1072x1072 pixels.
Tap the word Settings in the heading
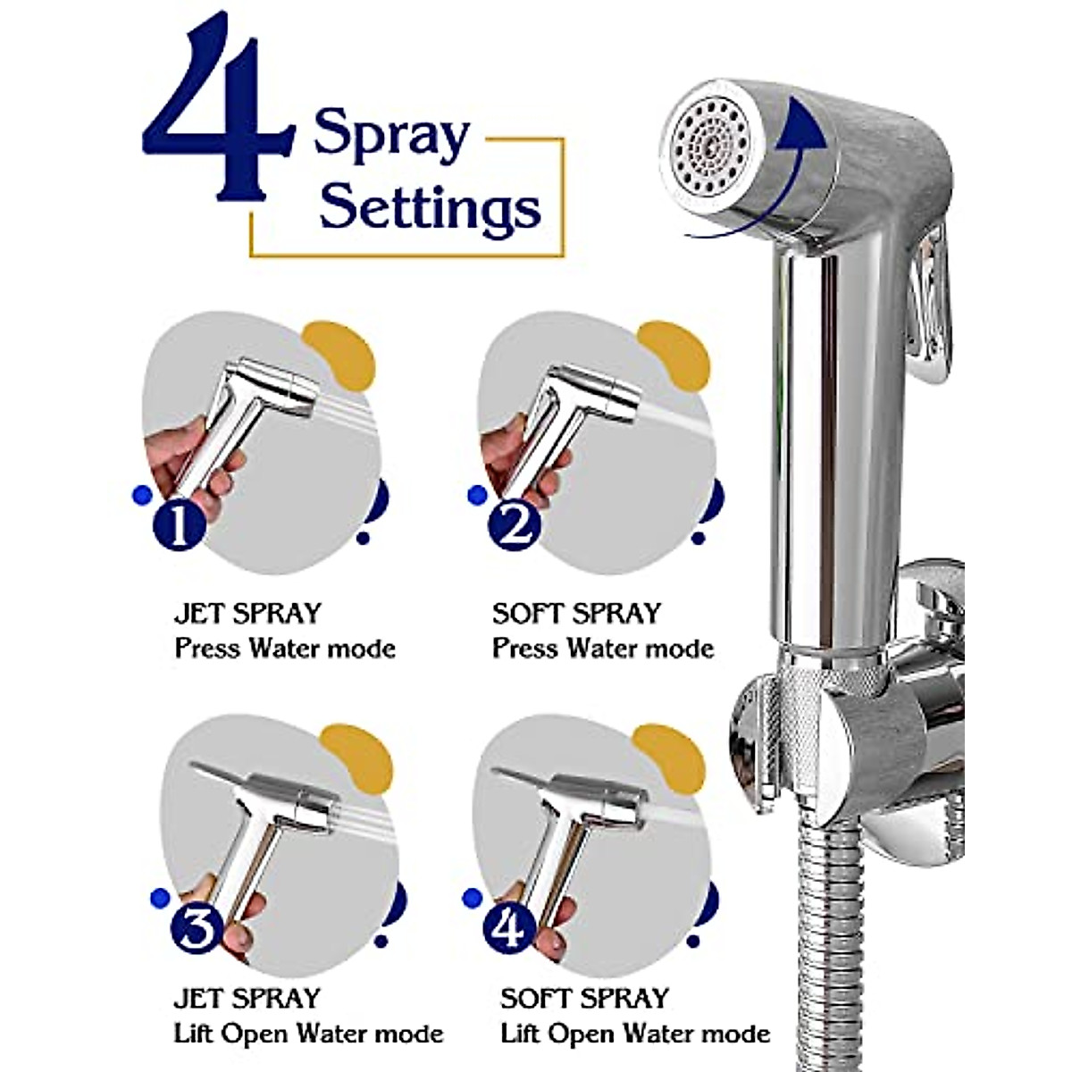tap(430, 207)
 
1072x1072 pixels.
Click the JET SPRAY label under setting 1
tap(247, 614)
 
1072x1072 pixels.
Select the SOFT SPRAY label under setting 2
tap(576, 614)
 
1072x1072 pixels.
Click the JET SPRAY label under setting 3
tap(247, 998)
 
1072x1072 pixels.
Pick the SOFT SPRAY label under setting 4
tap(585, 998)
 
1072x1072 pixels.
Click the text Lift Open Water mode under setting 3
tap(308, 1034)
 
